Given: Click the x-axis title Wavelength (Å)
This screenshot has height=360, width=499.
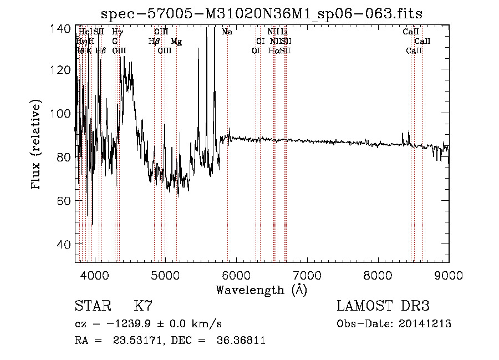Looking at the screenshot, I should click(261, 290).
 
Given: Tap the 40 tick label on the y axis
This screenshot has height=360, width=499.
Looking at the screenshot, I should click(65, 245).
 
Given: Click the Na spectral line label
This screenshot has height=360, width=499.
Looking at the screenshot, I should click(227, 32).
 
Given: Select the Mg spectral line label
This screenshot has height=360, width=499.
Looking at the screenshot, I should click(176, 42).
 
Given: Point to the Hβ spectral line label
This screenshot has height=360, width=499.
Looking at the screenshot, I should click(154, 42).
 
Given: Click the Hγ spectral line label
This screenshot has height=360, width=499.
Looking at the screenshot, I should click(118, 32).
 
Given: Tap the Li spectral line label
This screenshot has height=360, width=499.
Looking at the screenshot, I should click(284, 32).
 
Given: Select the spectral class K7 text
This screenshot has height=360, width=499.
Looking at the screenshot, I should click(143, 306).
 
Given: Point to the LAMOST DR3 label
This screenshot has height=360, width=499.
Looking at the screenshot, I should click(383, 306).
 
